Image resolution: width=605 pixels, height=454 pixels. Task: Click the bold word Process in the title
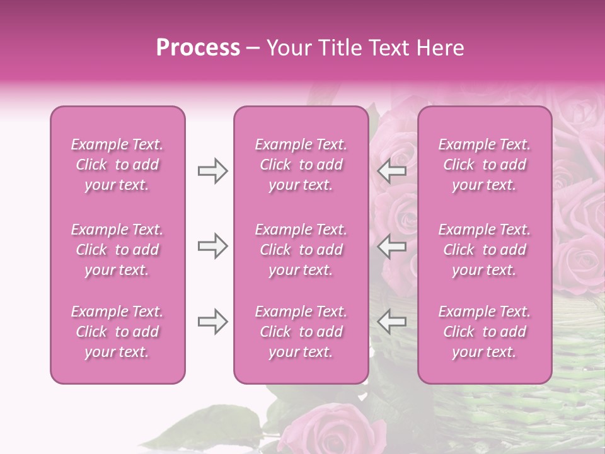[x=198, y=48]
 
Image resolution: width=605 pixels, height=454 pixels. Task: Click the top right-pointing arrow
[x=212, y=171]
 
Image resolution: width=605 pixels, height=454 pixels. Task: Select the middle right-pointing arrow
[x=212, y=246]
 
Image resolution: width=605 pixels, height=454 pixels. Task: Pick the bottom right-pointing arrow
[x=212, y=322]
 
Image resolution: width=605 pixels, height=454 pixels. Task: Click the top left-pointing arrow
[x=392, y=171]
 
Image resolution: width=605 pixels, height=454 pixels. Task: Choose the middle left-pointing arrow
[x=392, y=246]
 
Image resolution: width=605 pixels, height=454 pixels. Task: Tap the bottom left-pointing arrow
[x=392, y=322]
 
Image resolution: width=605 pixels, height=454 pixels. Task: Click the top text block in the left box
[x=117, y=165]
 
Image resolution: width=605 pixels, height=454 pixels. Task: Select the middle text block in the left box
[x=117, y=250]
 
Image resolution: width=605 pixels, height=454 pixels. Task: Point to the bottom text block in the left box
[x=117, y=332]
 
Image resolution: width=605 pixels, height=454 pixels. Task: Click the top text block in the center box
[x=301, y=165]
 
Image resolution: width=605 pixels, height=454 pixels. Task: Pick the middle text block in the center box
[x=301, y=250]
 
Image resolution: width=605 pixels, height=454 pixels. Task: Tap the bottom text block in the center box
[x=301, y=332]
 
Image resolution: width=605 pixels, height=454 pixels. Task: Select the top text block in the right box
[x=485, y=165]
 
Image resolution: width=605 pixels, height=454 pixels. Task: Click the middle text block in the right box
[x=485, y=250]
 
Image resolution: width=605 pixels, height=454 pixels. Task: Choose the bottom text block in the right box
[x=485, y=332]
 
